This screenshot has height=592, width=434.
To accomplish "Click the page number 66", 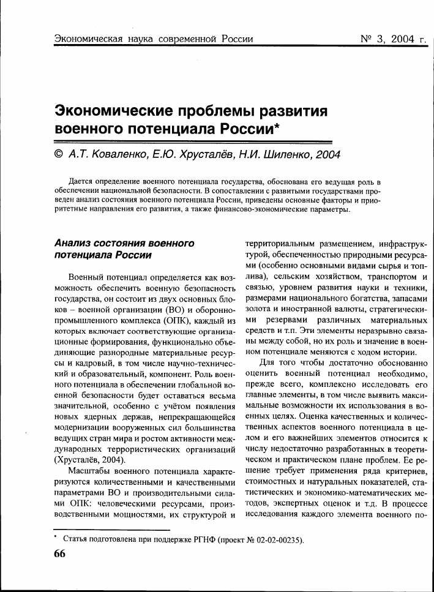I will [x=59, y=553].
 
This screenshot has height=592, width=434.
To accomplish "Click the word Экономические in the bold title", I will [x=112, y=111].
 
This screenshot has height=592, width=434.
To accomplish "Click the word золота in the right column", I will [x=257, y=309].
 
